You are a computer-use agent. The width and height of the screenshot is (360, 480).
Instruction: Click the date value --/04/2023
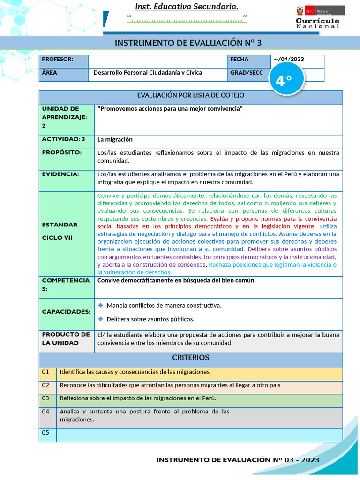click(x=289, y=59)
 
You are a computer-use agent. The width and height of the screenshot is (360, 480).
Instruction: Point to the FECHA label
click(x=240, y=59)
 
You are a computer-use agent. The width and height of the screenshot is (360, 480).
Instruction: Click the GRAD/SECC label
click(x=247, y=73)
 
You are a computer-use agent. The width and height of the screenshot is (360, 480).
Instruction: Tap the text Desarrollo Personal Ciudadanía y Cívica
click(x=148, y=73)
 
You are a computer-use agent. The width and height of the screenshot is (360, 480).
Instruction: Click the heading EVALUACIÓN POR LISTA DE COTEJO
click(x=191, y=95)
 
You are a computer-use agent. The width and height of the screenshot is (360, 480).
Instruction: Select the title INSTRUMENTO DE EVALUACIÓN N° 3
click(x=188, y=43)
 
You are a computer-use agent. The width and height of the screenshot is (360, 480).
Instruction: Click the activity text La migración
click(x=115, y=139)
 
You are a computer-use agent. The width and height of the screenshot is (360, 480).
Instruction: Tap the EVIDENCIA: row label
click(x=60, y=174)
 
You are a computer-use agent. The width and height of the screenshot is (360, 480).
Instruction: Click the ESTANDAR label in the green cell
click(x=60, y=225)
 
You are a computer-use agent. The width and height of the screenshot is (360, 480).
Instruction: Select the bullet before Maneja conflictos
click(x=101, y=305)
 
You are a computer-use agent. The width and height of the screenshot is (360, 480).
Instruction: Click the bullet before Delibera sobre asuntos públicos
click(x=101, y=319)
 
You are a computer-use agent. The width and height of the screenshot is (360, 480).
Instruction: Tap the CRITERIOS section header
click(x=191, y=358)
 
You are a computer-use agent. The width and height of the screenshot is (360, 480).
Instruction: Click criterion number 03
click(x=45, y=398)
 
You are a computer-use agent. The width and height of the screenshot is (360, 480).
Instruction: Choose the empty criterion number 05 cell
click(x=47, y=433)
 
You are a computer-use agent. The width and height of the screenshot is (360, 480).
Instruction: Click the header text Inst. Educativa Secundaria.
click(x=187, y=7)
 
